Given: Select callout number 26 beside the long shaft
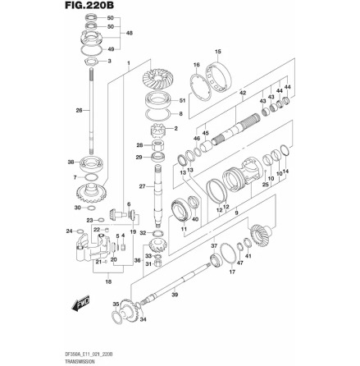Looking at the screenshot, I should [x=78, y=111].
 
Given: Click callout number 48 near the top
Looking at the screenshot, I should [x=128, y=34].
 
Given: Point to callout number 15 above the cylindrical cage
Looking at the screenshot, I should [x=217, y=52].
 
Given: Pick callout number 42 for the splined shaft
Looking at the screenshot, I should [x=243, y=94].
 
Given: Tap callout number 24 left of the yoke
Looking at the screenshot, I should [x=69, y=231].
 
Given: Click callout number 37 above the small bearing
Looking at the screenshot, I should [x=212, y=245].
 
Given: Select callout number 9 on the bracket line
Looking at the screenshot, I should [x=235, y=213].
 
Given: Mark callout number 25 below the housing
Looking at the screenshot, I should [x=265, y=185].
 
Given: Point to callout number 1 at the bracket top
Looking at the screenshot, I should [x=128, y=62].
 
